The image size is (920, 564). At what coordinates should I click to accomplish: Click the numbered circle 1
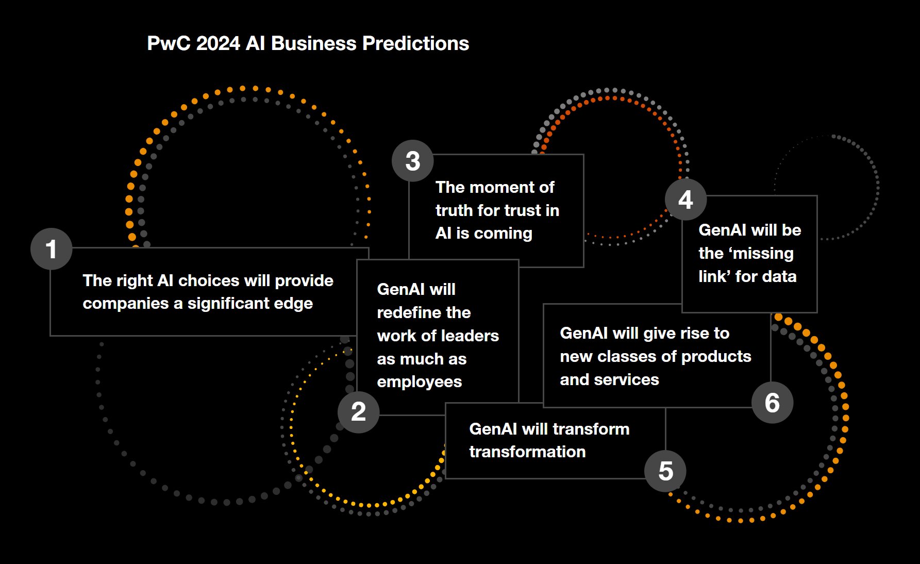(51, 249)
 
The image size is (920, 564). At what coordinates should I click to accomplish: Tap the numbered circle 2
(359, 412)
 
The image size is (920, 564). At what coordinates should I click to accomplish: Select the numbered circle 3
(412, 161)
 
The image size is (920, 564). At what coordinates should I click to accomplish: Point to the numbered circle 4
(685, 200)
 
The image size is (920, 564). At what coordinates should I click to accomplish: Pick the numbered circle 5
(665, 471)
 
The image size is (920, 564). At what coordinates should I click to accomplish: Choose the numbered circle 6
(772, 403)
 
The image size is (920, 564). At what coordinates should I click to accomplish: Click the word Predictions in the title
(415, 43)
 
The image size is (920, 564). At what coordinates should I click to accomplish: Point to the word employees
(419, 382)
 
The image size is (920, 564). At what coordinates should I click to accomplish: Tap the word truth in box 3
(454, 210)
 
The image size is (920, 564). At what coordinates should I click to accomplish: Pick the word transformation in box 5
(527, 452)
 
